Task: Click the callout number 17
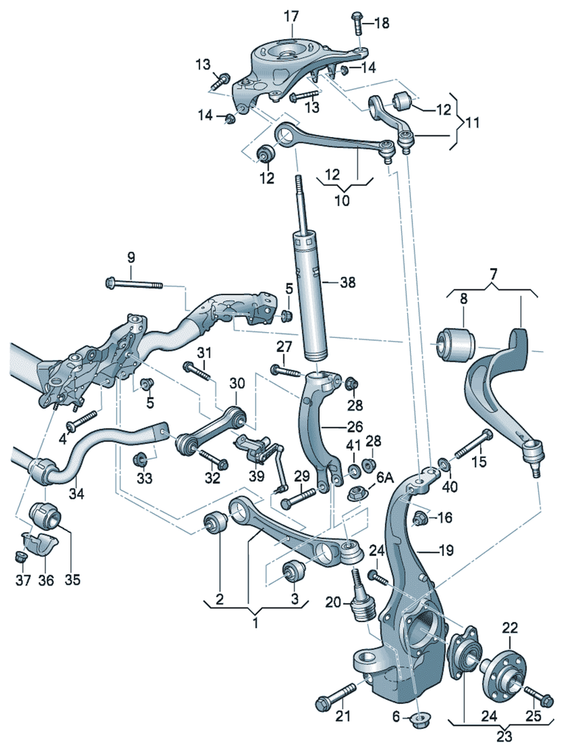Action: [292, 15]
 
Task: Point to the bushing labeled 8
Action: [456, 343]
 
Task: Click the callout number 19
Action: [447, 550]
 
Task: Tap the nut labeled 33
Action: [141, 461]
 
